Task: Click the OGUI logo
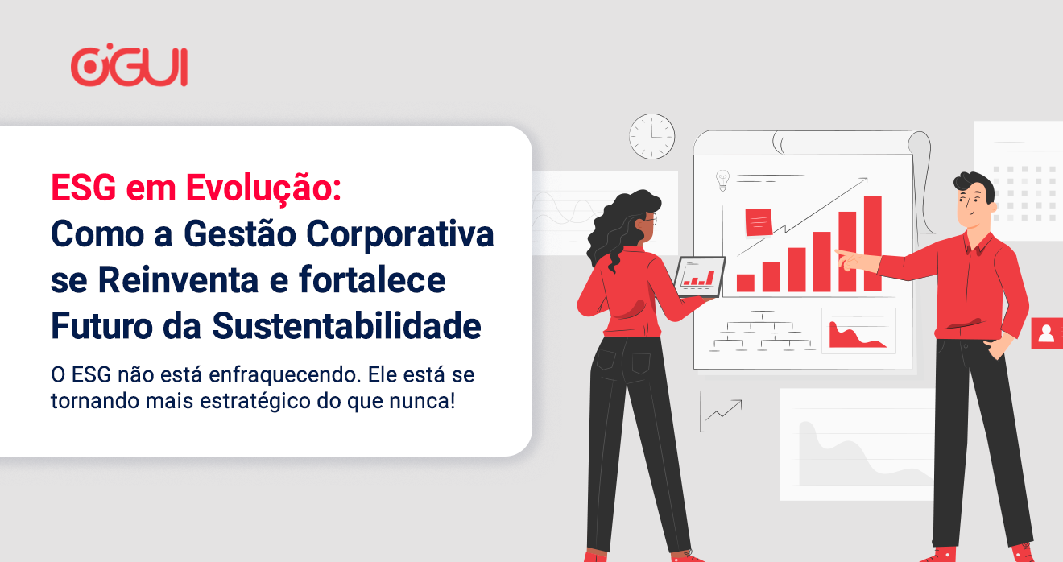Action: [x=129, y=65]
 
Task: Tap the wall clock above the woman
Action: [x=652, y=136]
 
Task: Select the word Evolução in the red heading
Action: [x=263, y=188]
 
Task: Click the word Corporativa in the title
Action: [x=400, y=233]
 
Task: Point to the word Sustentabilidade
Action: [x=346, y=326]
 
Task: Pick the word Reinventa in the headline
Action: [x=178, y=280]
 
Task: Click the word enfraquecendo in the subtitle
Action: [x=283, y=375]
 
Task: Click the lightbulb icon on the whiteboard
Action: [x=722, y=180]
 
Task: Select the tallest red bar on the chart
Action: [x=873, y=243]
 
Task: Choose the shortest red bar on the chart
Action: [x=746, y=283]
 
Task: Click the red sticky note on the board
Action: [x=759, y=222]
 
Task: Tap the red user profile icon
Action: [x=1047, y=333]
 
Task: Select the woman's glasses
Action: [x=651, y=219]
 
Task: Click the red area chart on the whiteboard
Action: [x=855, y=336]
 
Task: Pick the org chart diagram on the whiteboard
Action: [x=762, y=331]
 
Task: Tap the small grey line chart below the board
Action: [x=722, y=412]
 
